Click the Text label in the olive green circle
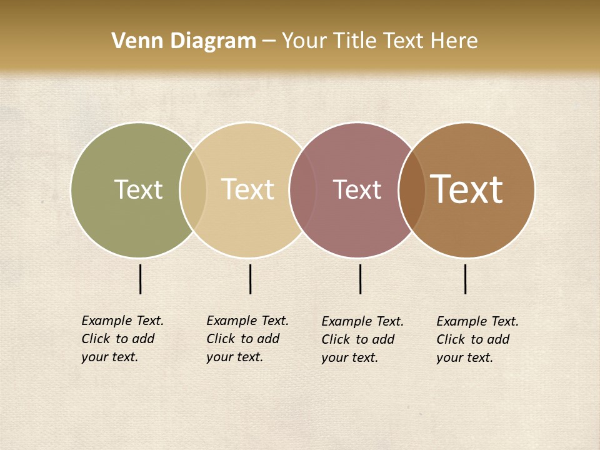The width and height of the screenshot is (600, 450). pyautogui.click(x=138, y=189)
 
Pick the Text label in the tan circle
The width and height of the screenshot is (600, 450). pyautogui.click(x=247, y=189)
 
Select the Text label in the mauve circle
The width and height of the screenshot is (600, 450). pyautogui.click(x=357, y=189)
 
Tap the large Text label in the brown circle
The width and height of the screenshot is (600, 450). pyautogui.click(x=466, y=189)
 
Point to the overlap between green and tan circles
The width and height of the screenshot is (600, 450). pyautogui.click(x=193, y=189)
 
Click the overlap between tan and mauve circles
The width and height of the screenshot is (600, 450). pyautogui.click(x=302, y=189)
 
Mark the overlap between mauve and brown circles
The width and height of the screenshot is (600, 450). pyautogui.click(x=412, y=189)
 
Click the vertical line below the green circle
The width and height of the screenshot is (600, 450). pyautogui.click(x=140, y=279)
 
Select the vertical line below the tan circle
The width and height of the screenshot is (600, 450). pyautogui.click(x=250, y=279)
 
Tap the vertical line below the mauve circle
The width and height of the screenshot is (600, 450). pyautogui.click(x=360, y=279)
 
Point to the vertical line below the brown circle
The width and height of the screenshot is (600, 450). pyautogui.click(x=465, y=279)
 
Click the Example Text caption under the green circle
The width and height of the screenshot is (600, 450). pyautogui.click(x=122, y=339)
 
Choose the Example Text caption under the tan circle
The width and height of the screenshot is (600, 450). pyautogui.click(x=247, y=339)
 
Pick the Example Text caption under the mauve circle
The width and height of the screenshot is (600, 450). pyautogui.click(x=362, y=339)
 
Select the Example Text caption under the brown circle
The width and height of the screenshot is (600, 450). pyautogui.click(x=477, y=339)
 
